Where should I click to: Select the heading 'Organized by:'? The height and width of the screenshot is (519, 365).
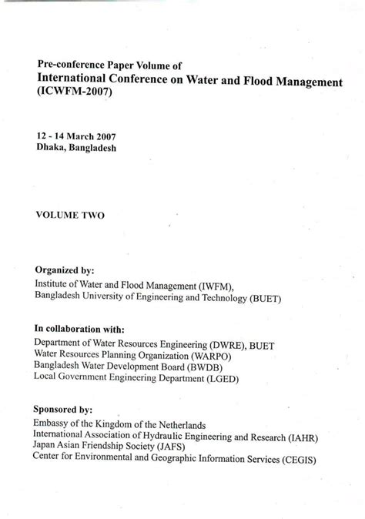tap(65, 271)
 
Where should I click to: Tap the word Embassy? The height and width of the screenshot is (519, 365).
tap(52, 424)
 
